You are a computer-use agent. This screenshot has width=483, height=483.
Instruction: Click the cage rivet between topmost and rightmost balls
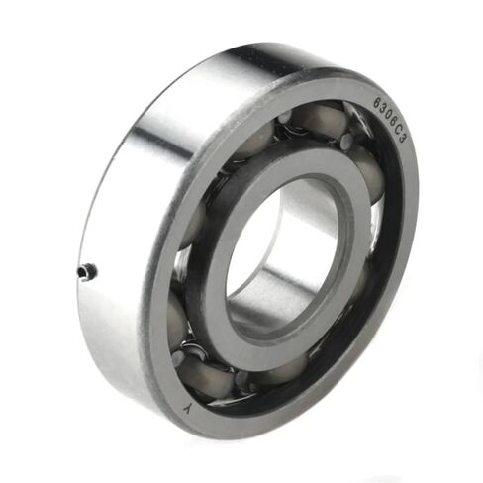tap(346, 142)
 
